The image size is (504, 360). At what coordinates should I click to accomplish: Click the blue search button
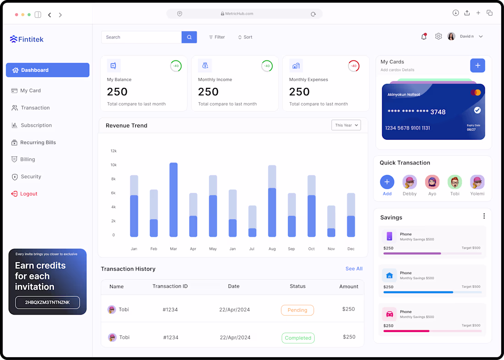(189, 37)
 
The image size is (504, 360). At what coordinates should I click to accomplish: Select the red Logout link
(24, 193)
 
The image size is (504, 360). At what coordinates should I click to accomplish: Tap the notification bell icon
(424, 36)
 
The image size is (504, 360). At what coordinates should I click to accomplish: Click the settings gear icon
(438, 36)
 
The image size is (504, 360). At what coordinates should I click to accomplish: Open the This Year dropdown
(346, 125)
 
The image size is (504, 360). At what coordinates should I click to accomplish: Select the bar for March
(174, 200)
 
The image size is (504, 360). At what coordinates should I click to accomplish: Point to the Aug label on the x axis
(272, 249)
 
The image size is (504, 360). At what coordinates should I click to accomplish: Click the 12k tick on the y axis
(114, 151)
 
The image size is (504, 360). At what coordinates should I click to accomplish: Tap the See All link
(354, 269)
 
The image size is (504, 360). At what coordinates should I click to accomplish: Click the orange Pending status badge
(297, 310)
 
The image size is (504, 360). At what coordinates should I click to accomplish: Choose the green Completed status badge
(298, 338)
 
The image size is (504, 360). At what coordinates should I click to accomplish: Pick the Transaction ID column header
(170, 286)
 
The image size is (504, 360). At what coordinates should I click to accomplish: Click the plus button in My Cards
(477, 65)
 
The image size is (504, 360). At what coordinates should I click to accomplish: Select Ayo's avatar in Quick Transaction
(432, 182)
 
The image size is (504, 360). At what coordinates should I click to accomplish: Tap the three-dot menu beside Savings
(484, 216)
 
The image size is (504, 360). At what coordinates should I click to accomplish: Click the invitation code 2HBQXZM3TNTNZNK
(47, 302)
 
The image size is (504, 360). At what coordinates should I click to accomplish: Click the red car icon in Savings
(389, 314)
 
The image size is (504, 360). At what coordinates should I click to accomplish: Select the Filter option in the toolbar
(217, 37)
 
